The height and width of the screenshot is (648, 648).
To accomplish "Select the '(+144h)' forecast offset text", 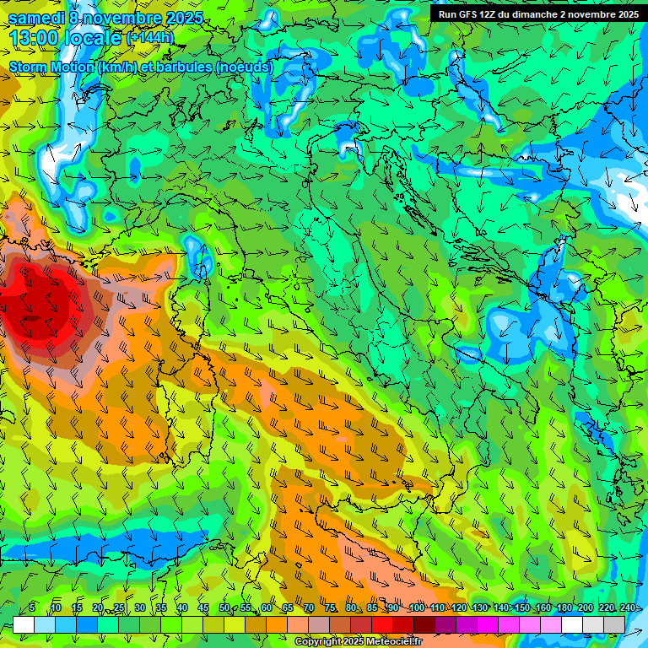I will click(149, 38).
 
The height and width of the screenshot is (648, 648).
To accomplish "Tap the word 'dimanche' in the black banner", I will click(540, 14).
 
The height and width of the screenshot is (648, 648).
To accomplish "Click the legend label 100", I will click(416, 608).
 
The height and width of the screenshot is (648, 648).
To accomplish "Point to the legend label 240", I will click(628, 608).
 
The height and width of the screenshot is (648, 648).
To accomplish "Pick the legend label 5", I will click(32, 608).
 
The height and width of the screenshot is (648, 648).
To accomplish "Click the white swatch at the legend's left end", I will click(24, 624).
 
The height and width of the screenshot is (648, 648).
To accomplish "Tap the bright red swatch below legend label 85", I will click(382, 624).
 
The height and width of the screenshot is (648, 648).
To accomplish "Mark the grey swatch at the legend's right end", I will click(614, 624).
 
